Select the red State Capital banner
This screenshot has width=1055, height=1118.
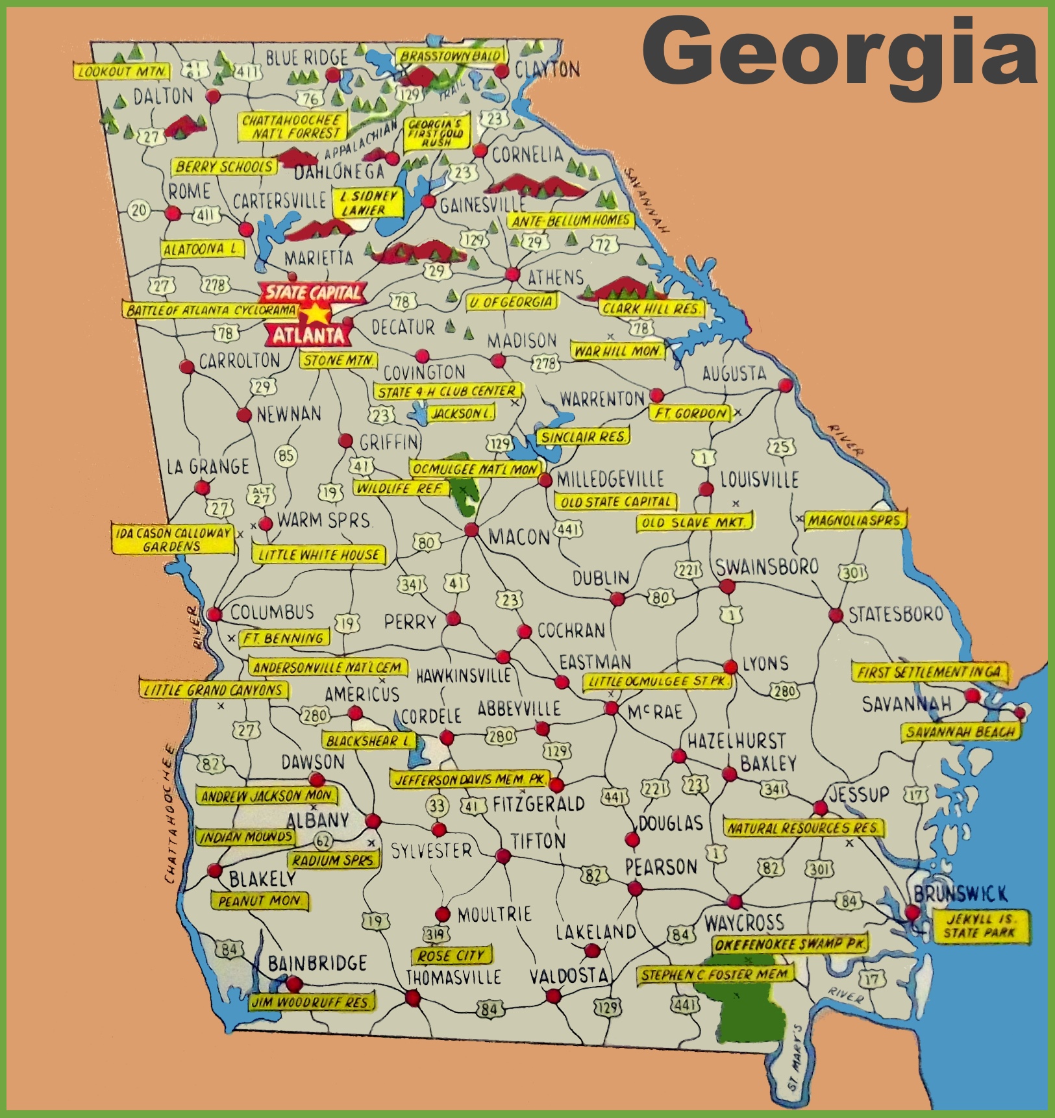coord(314,292)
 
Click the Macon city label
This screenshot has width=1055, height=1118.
coord(519,537)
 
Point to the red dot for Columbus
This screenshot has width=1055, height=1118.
coord(215,614)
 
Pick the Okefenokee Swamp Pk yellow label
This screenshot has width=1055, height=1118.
coord(789,944)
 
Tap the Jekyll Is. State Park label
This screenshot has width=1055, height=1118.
coord(980,926)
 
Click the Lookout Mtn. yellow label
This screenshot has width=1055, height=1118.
coord(122,71)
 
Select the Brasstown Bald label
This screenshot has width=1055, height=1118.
coord(451,56)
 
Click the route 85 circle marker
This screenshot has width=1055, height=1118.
coord(286,455)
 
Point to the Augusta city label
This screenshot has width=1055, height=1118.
coord(734,373)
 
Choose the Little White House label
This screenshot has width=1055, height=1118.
coord(318,554)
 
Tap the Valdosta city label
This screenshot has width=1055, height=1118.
coord(569,976)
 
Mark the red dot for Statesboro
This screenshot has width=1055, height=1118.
coord(836,614)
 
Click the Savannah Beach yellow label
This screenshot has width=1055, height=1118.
coord(960,732)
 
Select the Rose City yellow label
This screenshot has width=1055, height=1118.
coord(451,956)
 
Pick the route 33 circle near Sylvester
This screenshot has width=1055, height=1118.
coord(437,806)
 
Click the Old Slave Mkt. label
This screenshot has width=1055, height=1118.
coord(695,522)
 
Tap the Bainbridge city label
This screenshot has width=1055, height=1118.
coord(317,963)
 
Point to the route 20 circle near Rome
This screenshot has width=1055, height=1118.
coord(139,210)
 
